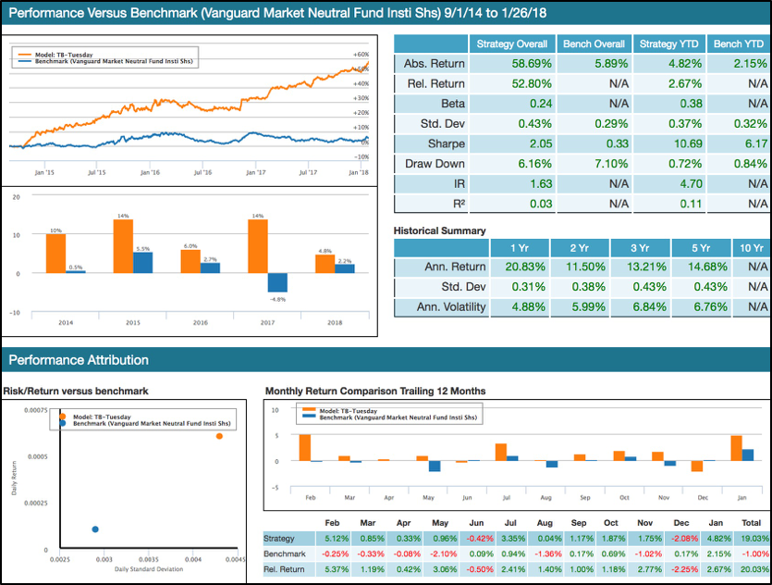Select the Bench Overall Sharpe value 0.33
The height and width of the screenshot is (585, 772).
(x=592, y=144)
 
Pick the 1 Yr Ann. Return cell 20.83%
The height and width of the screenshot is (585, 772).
(x=511, y=268)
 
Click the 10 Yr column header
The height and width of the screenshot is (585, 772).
(x=750, y=247)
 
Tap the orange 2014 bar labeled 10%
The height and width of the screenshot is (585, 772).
(x=55, y=254)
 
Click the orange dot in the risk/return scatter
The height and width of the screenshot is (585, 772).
(x=219, y=436)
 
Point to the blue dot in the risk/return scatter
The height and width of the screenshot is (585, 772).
(x=95, y=529)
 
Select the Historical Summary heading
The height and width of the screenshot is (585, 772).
(x=439, y=230)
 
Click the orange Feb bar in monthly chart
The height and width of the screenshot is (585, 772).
(x=305, y=447)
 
